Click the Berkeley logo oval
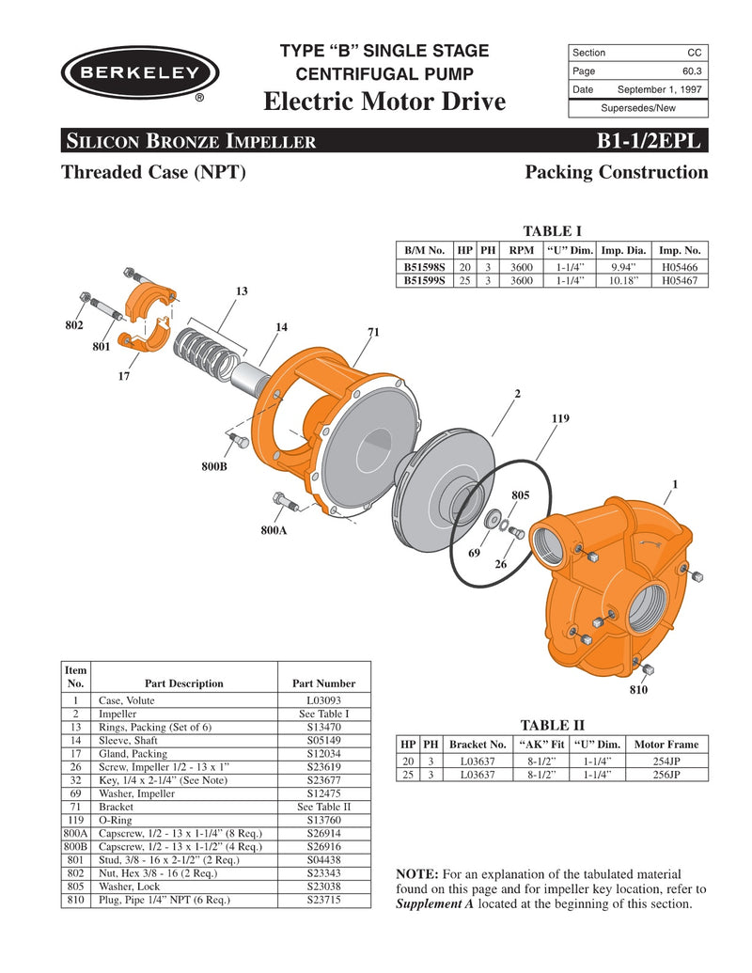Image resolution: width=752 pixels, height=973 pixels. [x=141, y=72]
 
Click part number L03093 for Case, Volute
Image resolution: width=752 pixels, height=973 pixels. [x=323, y=700]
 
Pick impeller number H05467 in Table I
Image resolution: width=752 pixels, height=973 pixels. [x=680, y=280]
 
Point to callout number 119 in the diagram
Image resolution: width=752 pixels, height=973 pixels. [x=561, y=416]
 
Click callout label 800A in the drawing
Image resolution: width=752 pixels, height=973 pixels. [x=274, y=530]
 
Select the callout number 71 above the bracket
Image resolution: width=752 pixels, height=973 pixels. [x=373, y=332]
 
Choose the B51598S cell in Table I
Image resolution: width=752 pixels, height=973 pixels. [x=424, y=267]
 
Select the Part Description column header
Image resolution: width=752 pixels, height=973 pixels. [x=184, y=683]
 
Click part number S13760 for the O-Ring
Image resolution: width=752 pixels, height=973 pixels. [x=323, y=820]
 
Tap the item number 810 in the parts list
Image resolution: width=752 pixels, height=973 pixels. [x=74, y=900]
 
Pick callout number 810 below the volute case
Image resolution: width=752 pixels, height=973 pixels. [x=639, y=689]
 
